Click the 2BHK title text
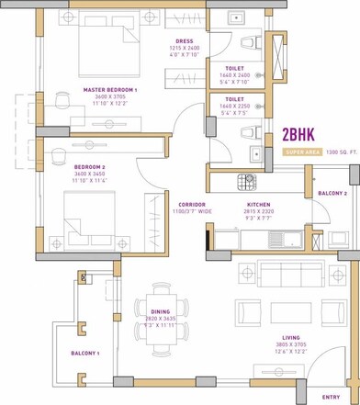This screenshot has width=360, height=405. click(x=301, y=135)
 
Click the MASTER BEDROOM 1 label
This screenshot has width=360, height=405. click(x=109, y=90)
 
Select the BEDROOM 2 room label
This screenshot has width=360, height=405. click(x=91, y=167)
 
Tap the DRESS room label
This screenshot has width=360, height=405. click(x=184, y=41)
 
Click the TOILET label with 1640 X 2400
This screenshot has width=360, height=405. click(x=234, y=68)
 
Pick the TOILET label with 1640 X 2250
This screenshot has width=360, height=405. click(x=234, y=98)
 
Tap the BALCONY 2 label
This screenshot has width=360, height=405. click(x=332, y=194)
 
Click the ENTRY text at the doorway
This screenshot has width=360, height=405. click(x=331, y=396)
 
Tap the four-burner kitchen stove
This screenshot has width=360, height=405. click(x=245, y=181)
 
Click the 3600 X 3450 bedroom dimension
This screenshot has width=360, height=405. click(x=91, y=174)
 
